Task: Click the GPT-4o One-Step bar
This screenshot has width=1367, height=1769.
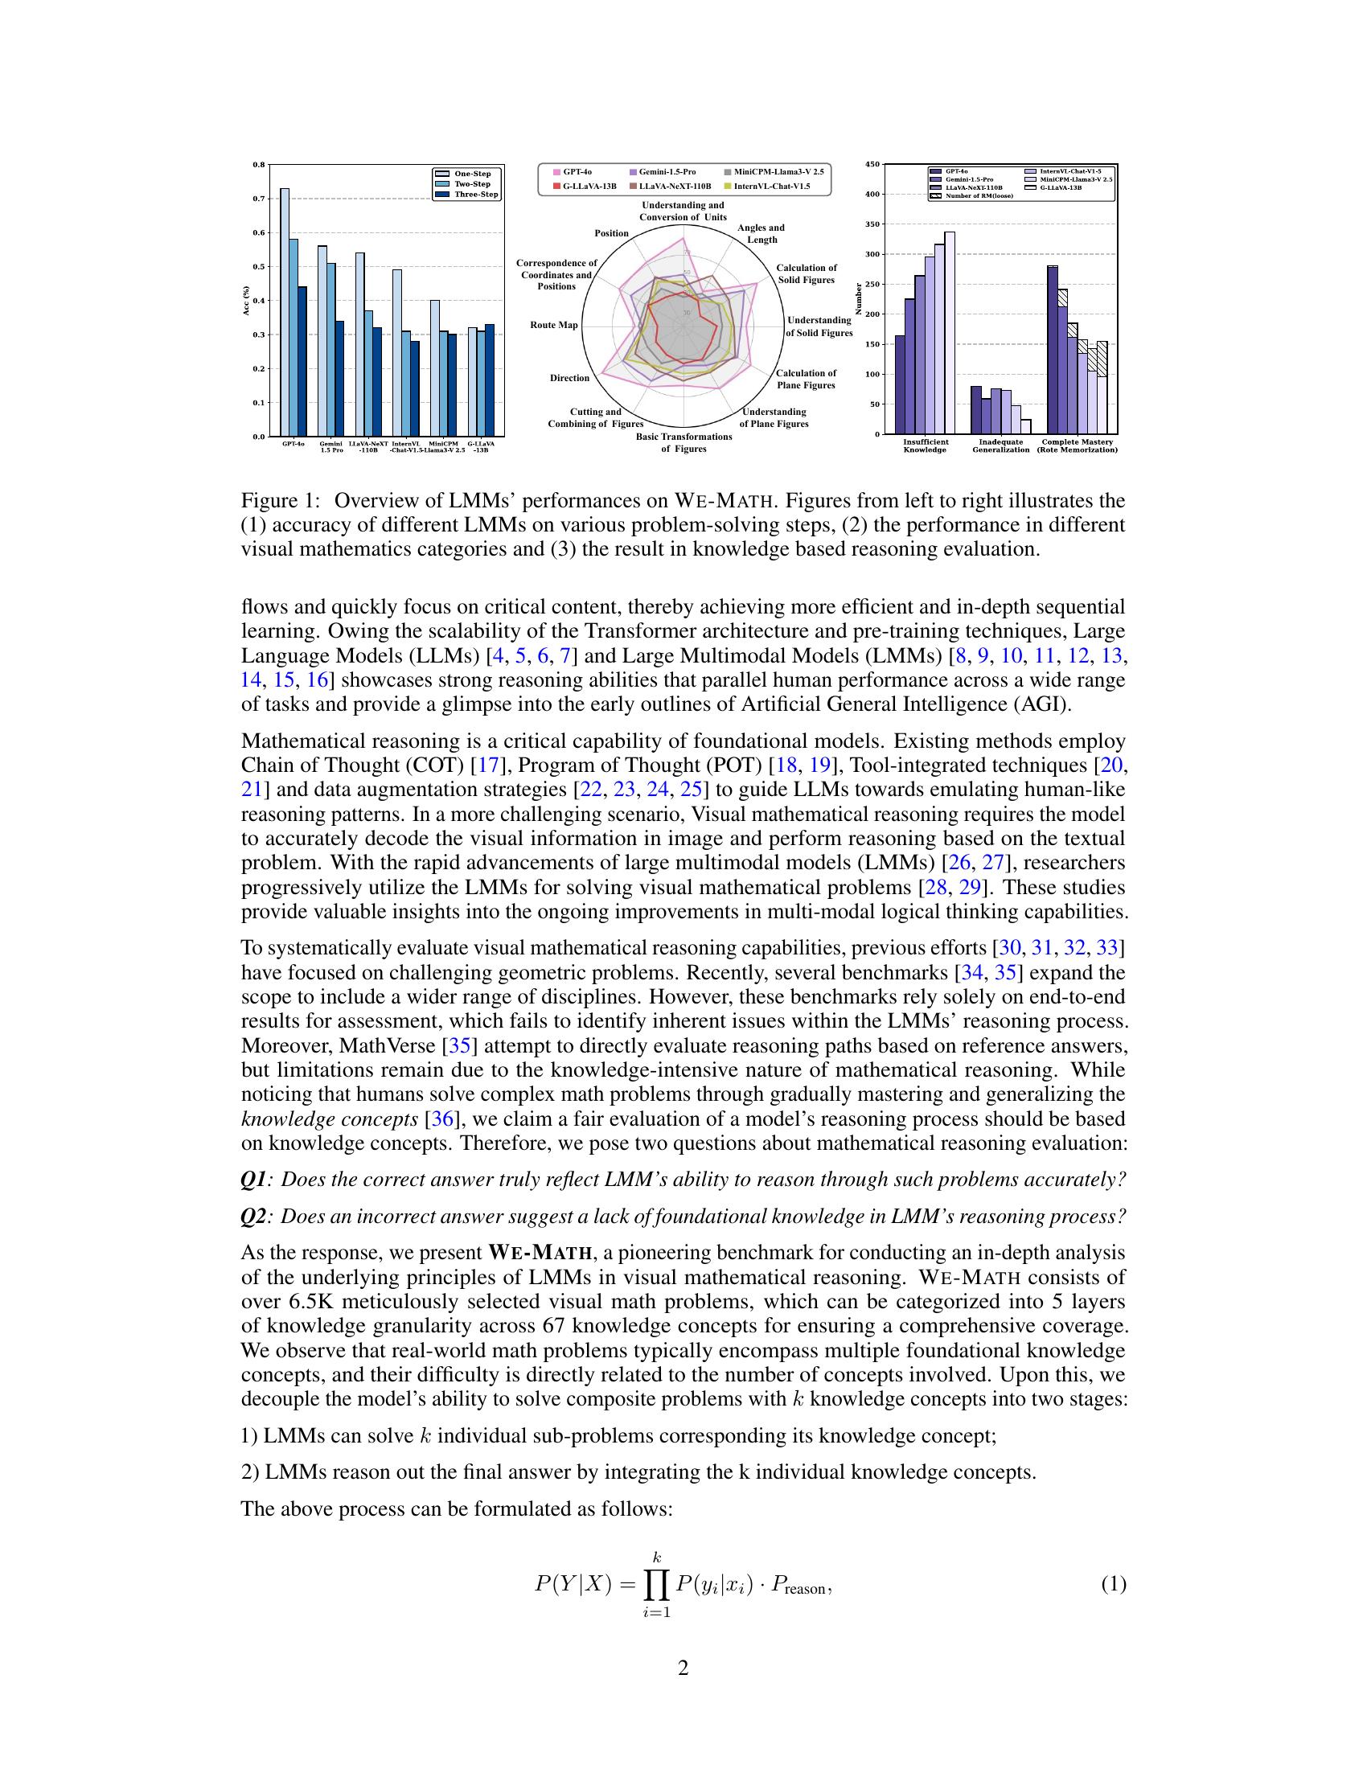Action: coord(284,312)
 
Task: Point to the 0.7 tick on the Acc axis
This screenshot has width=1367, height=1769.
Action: coord(259,199)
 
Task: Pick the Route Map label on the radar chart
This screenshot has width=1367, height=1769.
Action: coord(554,325)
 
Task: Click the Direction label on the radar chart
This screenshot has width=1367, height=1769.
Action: coord(569,378)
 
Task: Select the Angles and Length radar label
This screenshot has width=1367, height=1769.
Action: coord(761,233)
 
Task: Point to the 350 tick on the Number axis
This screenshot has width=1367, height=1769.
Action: coord(873,224)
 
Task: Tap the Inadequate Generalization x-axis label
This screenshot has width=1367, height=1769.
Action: coord(1001,446)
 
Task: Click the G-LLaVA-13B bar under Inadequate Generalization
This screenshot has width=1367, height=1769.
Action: coord(1025,427)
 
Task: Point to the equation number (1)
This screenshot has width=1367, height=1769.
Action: coord(1113,1584)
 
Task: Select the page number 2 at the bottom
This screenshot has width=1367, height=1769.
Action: coord(683,1668)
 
